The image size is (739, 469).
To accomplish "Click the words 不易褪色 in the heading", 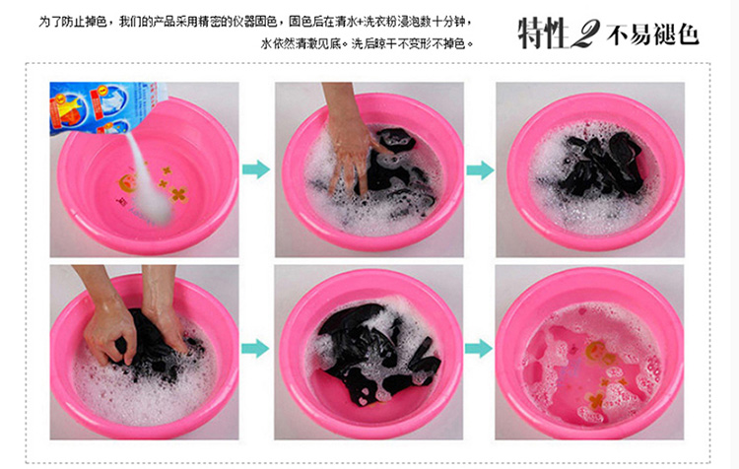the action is [652, 33].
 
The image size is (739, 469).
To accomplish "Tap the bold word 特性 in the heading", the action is [543, 33].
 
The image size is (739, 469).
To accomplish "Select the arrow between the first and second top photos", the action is [256, 169].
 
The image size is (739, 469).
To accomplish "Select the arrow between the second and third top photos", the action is [480, 169].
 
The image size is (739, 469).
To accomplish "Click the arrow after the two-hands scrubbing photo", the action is [255, 349].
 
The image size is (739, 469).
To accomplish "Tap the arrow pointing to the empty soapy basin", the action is [479, 349].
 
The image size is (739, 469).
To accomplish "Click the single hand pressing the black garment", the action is [351, 142].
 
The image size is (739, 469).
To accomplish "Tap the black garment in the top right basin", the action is [601, 165].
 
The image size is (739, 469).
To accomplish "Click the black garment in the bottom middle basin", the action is [377, 351].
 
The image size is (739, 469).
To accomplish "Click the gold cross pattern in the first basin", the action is [179, 194].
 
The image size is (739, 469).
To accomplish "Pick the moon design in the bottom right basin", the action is [595, 350].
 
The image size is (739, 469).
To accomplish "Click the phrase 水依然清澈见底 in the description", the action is [302, 44].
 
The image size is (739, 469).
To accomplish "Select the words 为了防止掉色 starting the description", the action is [74, 22].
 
